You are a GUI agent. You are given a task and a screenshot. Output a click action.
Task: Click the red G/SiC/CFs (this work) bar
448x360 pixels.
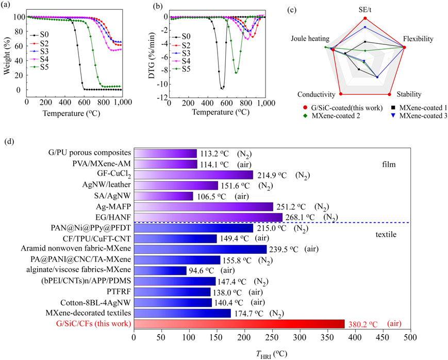click(239, 323)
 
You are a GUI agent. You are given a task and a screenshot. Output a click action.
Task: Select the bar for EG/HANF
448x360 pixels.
click(208, 217)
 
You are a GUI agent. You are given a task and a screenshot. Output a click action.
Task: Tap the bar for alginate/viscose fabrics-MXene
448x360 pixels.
click(160, 270)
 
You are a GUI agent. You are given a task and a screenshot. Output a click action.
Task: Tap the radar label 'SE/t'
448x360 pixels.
click(365, 9)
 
